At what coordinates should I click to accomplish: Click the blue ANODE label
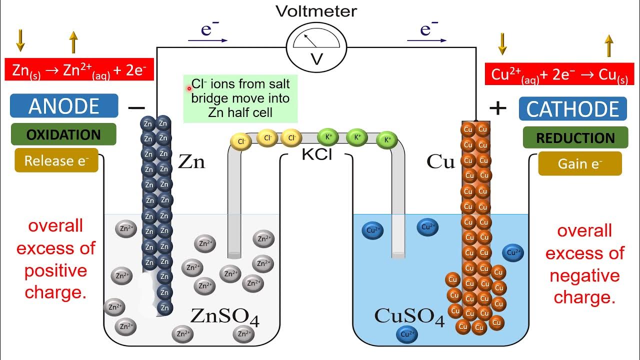coord(64,106)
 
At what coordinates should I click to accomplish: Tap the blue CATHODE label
coord(572,109)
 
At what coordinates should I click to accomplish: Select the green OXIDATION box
coord(63,134)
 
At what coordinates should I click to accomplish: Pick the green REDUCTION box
coord(575,137)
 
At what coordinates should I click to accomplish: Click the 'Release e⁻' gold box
coord(56,160)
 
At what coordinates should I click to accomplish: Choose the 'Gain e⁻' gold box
coord(580,163)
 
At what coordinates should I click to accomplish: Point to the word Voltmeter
coord(316,11)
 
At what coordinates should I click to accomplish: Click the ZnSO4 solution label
coord(225,316)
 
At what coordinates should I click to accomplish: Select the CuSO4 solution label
coord(409,316)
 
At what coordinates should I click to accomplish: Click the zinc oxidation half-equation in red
coord(79,69)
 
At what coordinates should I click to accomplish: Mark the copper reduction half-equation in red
coord(559,73)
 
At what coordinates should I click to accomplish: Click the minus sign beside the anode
coord(136,107)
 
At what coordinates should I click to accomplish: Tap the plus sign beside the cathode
coord(497,108)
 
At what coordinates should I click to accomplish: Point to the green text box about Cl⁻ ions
coord(240,98)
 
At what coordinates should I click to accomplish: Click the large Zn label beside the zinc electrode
coord(191,161)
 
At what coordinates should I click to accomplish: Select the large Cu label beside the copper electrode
coord(440,161)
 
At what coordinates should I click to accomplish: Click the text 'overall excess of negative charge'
coord(584,264)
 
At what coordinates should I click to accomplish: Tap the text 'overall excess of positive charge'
coord(56,259)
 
